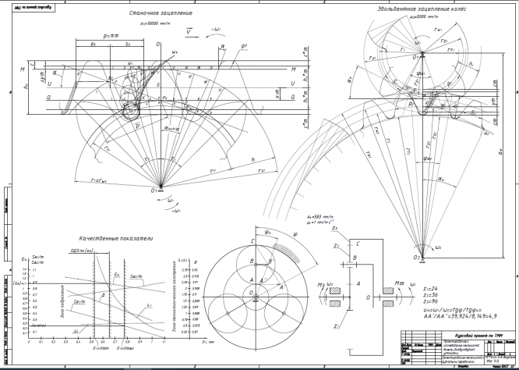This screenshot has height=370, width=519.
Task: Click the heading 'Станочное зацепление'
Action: pos(160,13)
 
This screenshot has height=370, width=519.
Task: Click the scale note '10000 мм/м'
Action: pos(157,23)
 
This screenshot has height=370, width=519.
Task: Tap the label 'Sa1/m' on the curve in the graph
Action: pos(137,276)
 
